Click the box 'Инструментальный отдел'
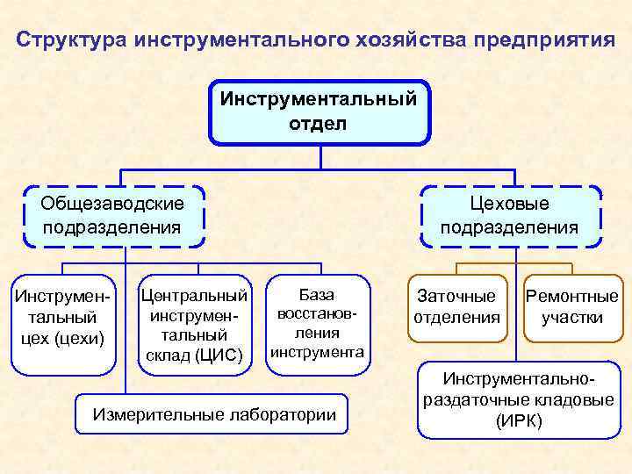click(x=320, y=111)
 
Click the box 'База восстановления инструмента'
click(x=317, y=322)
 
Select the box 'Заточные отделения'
click(x=456, y=306)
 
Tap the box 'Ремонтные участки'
click(x=572, y=306)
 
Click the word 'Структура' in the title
click(x=72, y=41)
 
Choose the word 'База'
click(x=317, y=294)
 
